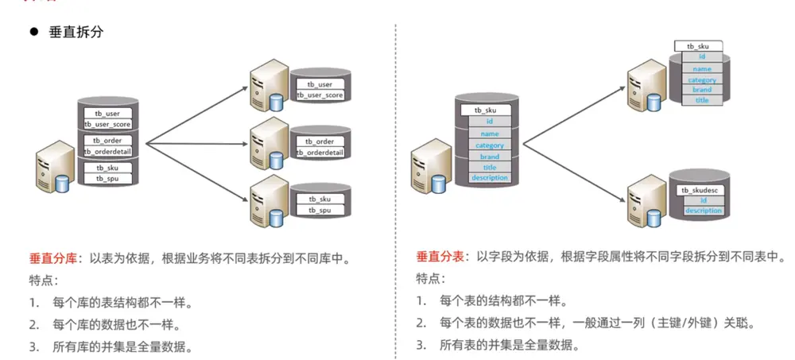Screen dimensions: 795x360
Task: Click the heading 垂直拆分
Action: tap(76, 33)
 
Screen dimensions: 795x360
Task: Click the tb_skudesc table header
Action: tap(702, 190)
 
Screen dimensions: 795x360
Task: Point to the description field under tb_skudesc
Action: tap(704, 211)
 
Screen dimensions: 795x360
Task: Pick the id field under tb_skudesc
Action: tap(704, 201)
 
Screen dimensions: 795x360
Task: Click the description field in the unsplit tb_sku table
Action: tap(489, 177)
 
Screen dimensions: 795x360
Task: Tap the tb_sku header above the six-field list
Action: tap(485, 110)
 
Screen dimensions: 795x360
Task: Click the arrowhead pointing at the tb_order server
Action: tap(244, 144)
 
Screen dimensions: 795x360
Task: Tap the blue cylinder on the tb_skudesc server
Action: tap(654, 219)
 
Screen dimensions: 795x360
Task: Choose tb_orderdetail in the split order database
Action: tap(320, 153)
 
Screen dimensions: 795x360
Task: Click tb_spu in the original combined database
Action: tap(107, 179)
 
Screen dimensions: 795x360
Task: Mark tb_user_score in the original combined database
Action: tap(107, 124)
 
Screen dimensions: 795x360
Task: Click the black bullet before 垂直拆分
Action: tap(34, 32)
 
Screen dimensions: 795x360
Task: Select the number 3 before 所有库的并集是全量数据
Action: tap(33, 347)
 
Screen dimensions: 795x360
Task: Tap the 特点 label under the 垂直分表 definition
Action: tap(430, 278)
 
